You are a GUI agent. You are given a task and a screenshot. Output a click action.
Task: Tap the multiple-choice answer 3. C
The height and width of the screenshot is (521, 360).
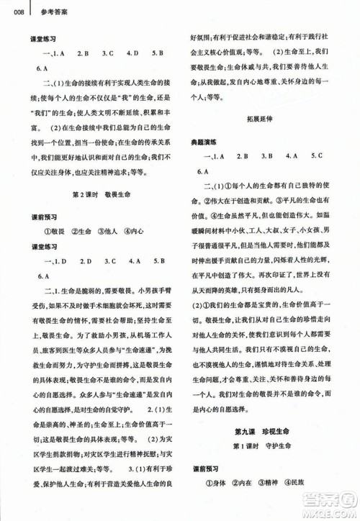click(x=108, y=53)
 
